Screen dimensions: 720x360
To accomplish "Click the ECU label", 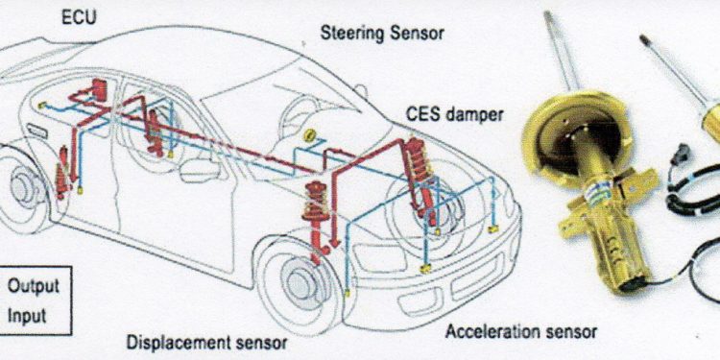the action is pos(79,18).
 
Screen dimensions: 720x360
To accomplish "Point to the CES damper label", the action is pos(454,114).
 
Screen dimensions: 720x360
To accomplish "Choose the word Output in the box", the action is pos(33,286).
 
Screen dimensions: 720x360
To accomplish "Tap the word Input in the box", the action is pos(27,317).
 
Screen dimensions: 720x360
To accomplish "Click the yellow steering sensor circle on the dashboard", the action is pos(309,135).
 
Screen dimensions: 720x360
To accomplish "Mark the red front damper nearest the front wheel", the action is pos(315,221).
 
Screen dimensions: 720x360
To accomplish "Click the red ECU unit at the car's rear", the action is pos(98,90).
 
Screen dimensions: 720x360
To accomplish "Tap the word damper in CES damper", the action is pos(474,115).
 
